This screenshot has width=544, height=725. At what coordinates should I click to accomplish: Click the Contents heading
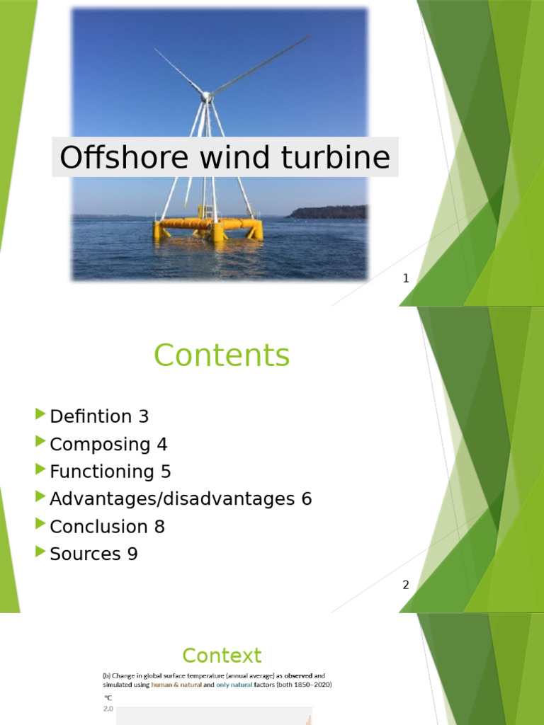coord(222,355)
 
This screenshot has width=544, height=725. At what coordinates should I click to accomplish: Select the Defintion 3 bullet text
coord(99,416)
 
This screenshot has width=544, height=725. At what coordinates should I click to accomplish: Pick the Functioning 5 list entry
coord(110,472)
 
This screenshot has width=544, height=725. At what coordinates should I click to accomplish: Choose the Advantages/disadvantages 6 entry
coord(181,499)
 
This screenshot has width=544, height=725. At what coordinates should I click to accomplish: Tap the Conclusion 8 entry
coord(108,526)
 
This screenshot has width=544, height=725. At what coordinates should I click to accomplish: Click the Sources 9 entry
coord(93,554)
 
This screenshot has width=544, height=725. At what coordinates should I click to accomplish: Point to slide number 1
coord(406,279)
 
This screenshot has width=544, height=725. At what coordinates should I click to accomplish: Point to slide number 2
coord(406,585)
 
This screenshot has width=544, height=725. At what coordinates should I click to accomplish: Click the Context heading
coord(222,656)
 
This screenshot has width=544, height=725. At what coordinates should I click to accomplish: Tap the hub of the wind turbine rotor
coord(206,96)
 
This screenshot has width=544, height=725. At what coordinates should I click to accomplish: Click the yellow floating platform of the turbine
coord(208,226)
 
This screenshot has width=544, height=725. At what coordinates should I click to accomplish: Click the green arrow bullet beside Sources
coord(40,552)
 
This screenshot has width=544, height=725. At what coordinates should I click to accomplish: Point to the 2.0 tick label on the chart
coord(108,709)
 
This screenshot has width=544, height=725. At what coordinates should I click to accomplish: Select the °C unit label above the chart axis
coord(108,697)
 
